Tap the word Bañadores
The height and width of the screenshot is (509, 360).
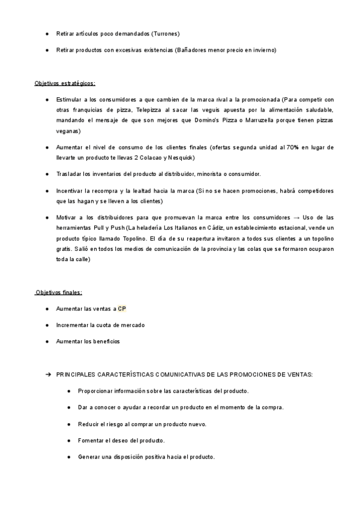(x=189, y=50)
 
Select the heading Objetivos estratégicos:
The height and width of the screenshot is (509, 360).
(x=65, y=83)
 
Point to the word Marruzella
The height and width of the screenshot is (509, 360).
(x=272, y=121)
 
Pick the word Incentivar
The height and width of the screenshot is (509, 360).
(x=71, y=191)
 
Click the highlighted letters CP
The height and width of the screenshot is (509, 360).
(x=122, y=309)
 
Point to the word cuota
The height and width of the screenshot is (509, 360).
(x=107, y=325)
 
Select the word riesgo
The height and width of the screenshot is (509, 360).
(x=120, y=424)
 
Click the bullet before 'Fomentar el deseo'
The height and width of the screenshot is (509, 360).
(x=70, y=441)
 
